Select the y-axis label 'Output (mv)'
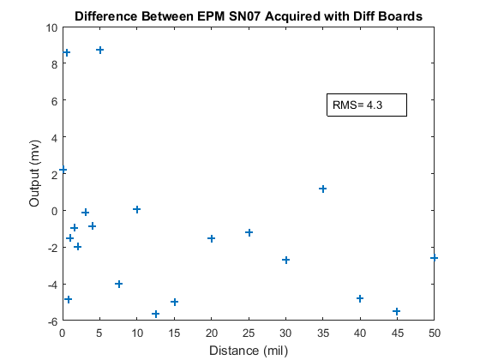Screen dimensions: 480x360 [34, 173]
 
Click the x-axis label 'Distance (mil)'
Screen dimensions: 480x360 [249, 351]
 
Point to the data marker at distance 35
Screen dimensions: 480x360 [322, 189]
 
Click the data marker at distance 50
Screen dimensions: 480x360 [434, 258]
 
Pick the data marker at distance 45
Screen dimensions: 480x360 [397, 312]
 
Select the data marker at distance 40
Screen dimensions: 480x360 [360, 298]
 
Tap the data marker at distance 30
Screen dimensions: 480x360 [286, 261]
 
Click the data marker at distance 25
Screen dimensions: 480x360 [249, 232]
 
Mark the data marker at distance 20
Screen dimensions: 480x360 [211, 238]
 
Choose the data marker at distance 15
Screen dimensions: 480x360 [175, 302]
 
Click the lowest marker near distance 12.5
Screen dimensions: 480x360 [156, 314]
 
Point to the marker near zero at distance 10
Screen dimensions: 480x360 [137, 209]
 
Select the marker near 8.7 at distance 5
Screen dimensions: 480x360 [99, 50]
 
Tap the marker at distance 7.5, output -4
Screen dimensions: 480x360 [119, 284]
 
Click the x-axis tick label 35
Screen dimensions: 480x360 [322, 333]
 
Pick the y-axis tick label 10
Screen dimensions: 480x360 [51, 28]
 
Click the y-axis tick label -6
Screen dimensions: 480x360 [52, 321]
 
